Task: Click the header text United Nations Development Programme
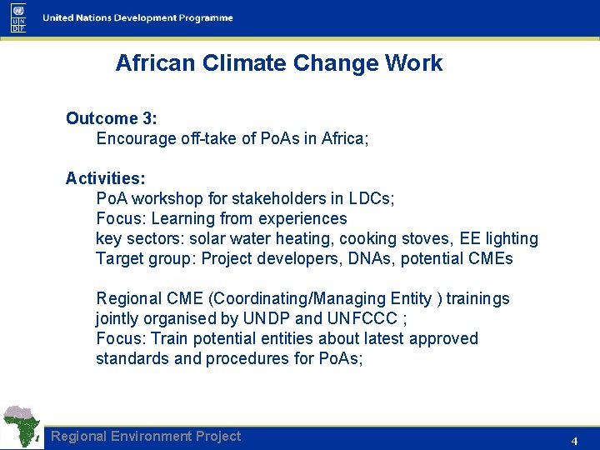point(137,18)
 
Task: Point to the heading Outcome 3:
point(112,118)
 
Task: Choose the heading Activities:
point(106,178)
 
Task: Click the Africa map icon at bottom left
point(22,427)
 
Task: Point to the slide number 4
point(574,440)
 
